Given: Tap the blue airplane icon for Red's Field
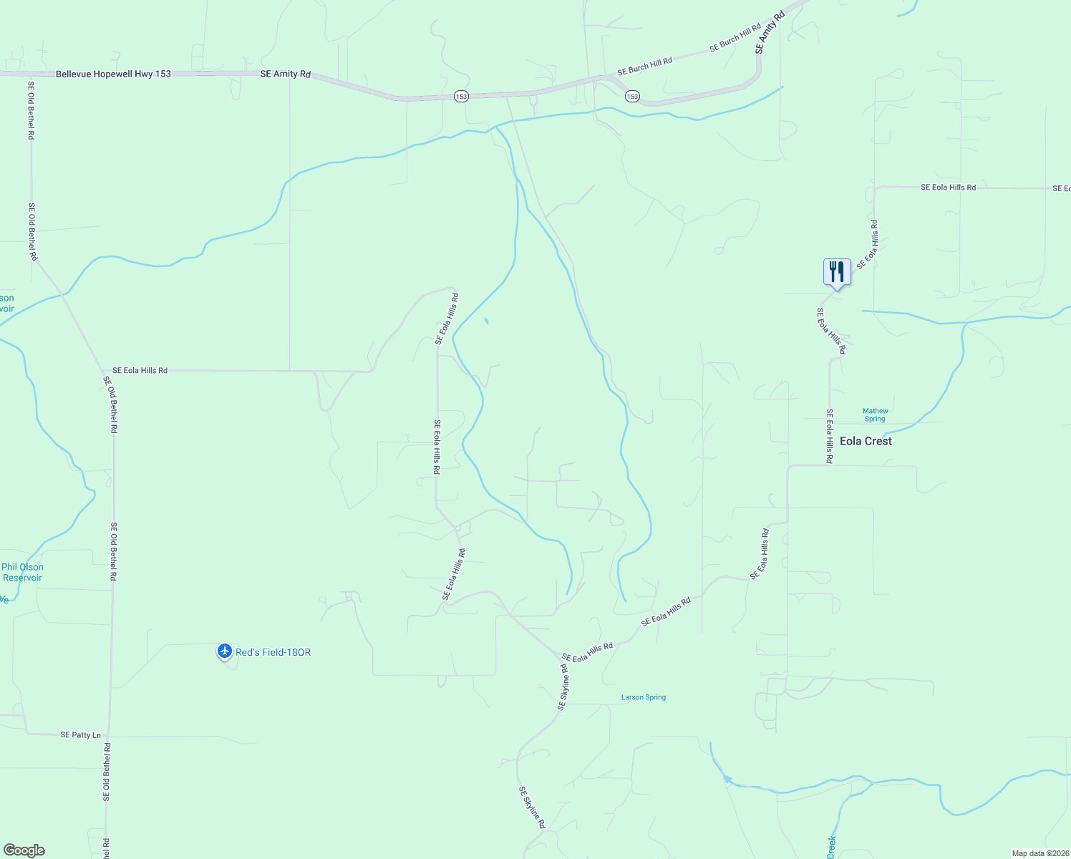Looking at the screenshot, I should (x=225, y=651).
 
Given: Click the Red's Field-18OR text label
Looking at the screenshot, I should (x=273, y=652).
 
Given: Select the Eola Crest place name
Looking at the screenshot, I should (x=866, y=441).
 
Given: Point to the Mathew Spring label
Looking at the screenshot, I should (x=875, y=415).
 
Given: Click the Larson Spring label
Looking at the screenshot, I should (x=643, y=697).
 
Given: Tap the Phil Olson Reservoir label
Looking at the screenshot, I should (x=22, y=573).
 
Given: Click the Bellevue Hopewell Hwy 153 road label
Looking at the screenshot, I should (x=113, y=74).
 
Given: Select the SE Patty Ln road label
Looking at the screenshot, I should (x=81, y=735).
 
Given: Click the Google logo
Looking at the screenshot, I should (x=24, y=850).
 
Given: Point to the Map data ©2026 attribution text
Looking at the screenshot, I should (x=1039, y=853).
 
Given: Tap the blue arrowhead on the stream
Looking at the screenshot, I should (x=727, y=780).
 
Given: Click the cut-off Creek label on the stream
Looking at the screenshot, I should (x=831, y=847).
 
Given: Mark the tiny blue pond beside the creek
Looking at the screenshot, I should (x=486, y=321).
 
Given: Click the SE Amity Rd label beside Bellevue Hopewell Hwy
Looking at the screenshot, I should (x=285, y=74).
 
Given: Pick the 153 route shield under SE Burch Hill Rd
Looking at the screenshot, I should (x=631, y=96).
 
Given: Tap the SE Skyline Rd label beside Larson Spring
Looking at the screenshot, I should (x=563, y=687).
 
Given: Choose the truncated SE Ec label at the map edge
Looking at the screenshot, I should (x=1062, y=188).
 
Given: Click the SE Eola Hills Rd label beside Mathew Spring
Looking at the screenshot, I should (x=829, y=436).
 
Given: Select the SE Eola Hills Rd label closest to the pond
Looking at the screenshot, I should (x=446, y=319).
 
